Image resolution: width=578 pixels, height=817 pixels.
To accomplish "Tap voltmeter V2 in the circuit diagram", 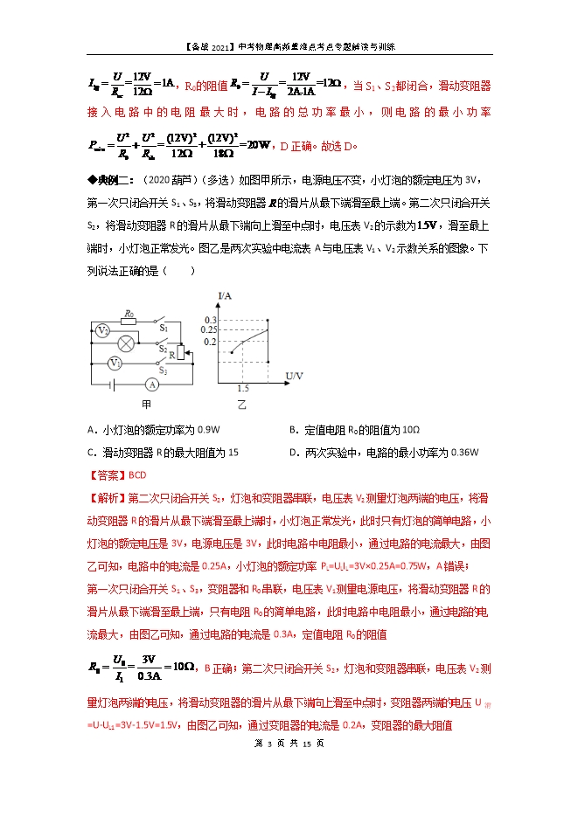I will (x=102, y=331).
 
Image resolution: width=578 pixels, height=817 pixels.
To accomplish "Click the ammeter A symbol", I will (x=151, y=384).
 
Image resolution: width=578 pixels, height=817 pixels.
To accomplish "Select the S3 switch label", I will (x=164, y=370).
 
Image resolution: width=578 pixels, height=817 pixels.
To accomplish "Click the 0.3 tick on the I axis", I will (x=209, y=321).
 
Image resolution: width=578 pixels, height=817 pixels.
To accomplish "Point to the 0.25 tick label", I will (x=206, y=330).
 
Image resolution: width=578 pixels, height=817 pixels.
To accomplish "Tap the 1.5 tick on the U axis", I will (x=242, y=388).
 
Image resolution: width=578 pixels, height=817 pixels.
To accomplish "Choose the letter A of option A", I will (x=92, y=430).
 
